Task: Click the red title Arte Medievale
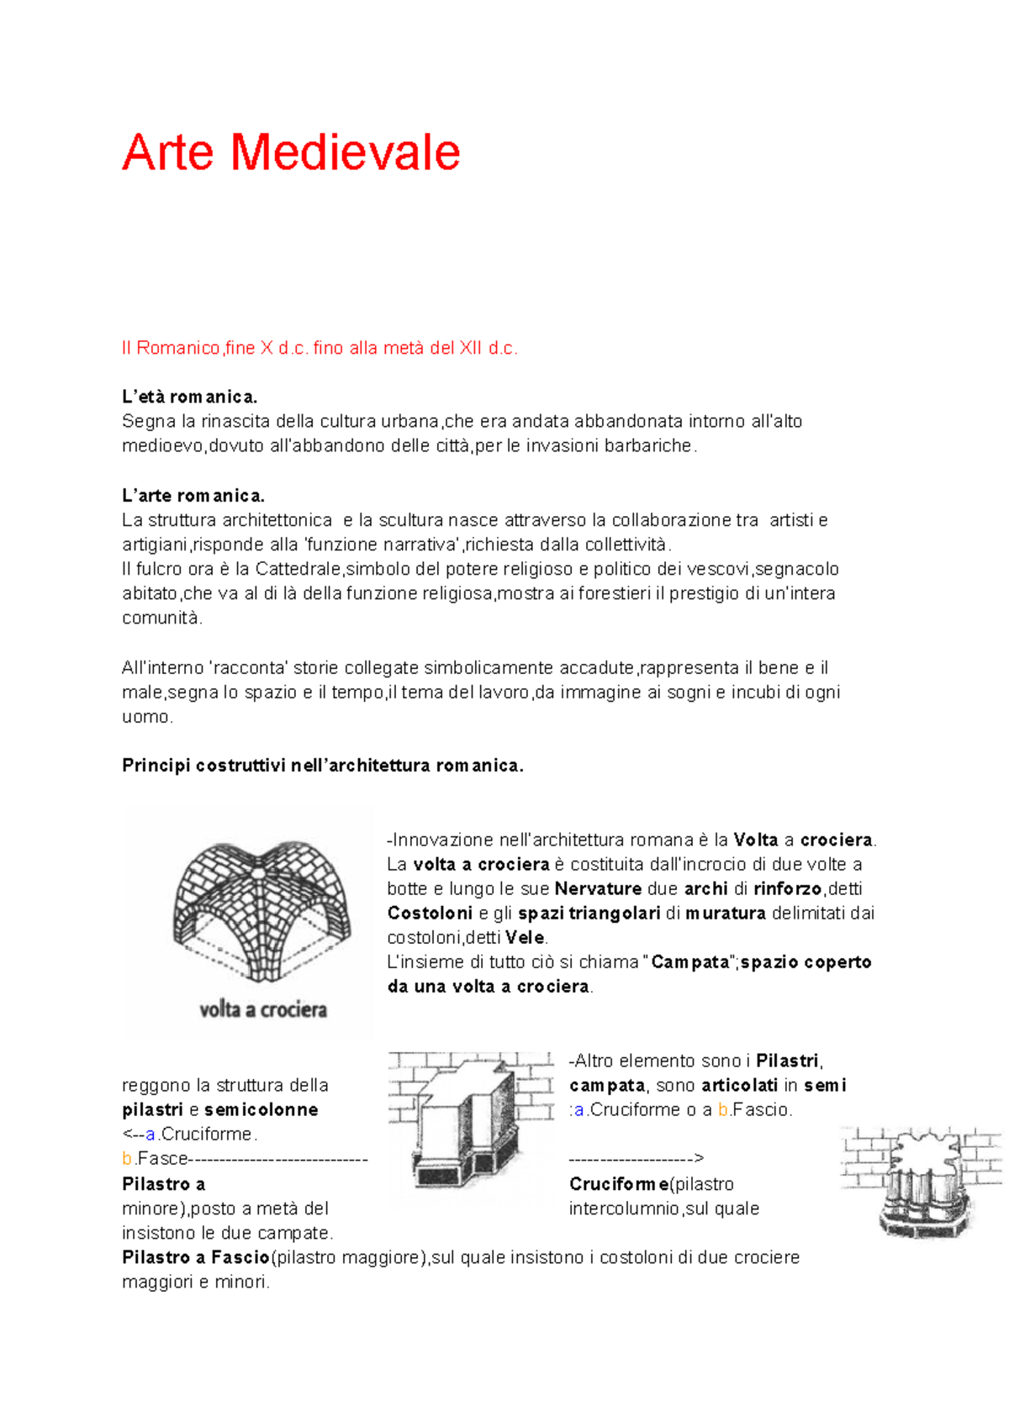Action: (x=291, y=152)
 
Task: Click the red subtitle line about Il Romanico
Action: (x=320, y=348)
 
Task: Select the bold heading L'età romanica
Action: (x=189, y=397)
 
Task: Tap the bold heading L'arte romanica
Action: (x=193, y=496)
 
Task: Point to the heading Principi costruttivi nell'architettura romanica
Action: (x=322, y=766)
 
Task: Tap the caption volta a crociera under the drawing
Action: (x=262, y=1009)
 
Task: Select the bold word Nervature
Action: (x=598, y=889)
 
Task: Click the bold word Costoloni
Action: (x=430, y=914)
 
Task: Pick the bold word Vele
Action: (x=525, y=938)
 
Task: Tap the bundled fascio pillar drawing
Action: (x=922, y=1181)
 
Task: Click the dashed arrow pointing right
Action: (x=636, y=1159)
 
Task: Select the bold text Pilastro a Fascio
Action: (x=195, y=1258)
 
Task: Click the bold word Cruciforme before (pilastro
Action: (x=619, y=1184)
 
